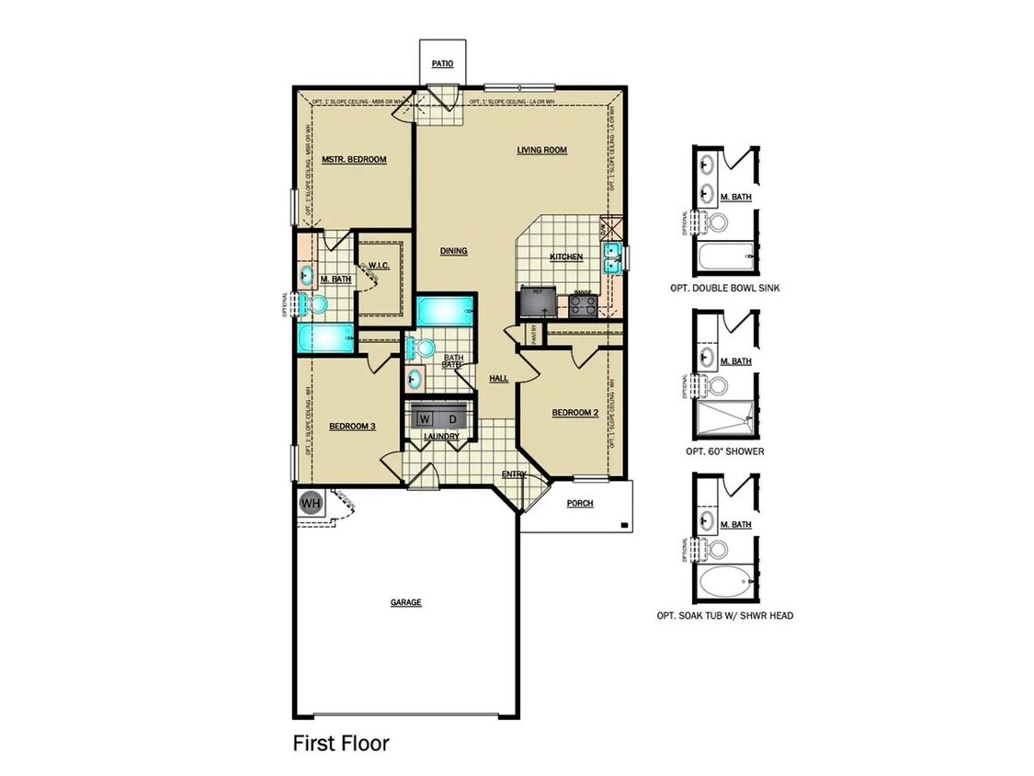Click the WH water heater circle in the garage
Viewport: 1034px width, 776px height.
[310, 504]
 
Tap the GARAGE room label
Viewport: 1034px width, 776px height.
[405, 602]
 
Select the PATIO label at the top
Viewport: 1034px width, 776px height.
[443, 64]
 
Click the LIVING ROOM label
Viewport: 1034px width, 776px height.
[541, 150]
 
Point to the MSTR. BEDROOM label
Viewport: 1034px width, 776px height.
[354, 159]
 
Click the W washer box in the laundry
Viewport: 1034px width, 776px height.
[424, 418]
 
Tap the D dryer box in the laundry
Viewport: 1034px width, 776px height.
[451, 418]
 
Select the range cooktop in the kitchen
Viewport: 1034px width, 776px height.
[583, 305]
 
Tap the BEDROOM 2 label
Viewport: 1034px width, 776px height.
[575, 413]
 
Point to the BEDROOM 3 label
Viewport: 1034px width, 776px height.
[352, 426]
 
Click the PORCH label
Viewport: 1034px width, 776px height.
[579, 503]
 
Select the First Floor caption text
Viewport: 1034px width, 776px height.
[341, 743]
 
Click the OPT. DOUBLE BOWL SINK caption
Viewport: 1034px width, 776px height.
[726, 288]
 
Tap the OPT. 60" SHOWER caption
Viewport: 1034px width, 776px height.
[724, 451]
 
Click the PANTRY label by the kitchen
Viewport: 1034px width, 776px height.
[531, 335]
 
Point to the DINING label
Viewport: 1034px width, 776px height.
[453, 251]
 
